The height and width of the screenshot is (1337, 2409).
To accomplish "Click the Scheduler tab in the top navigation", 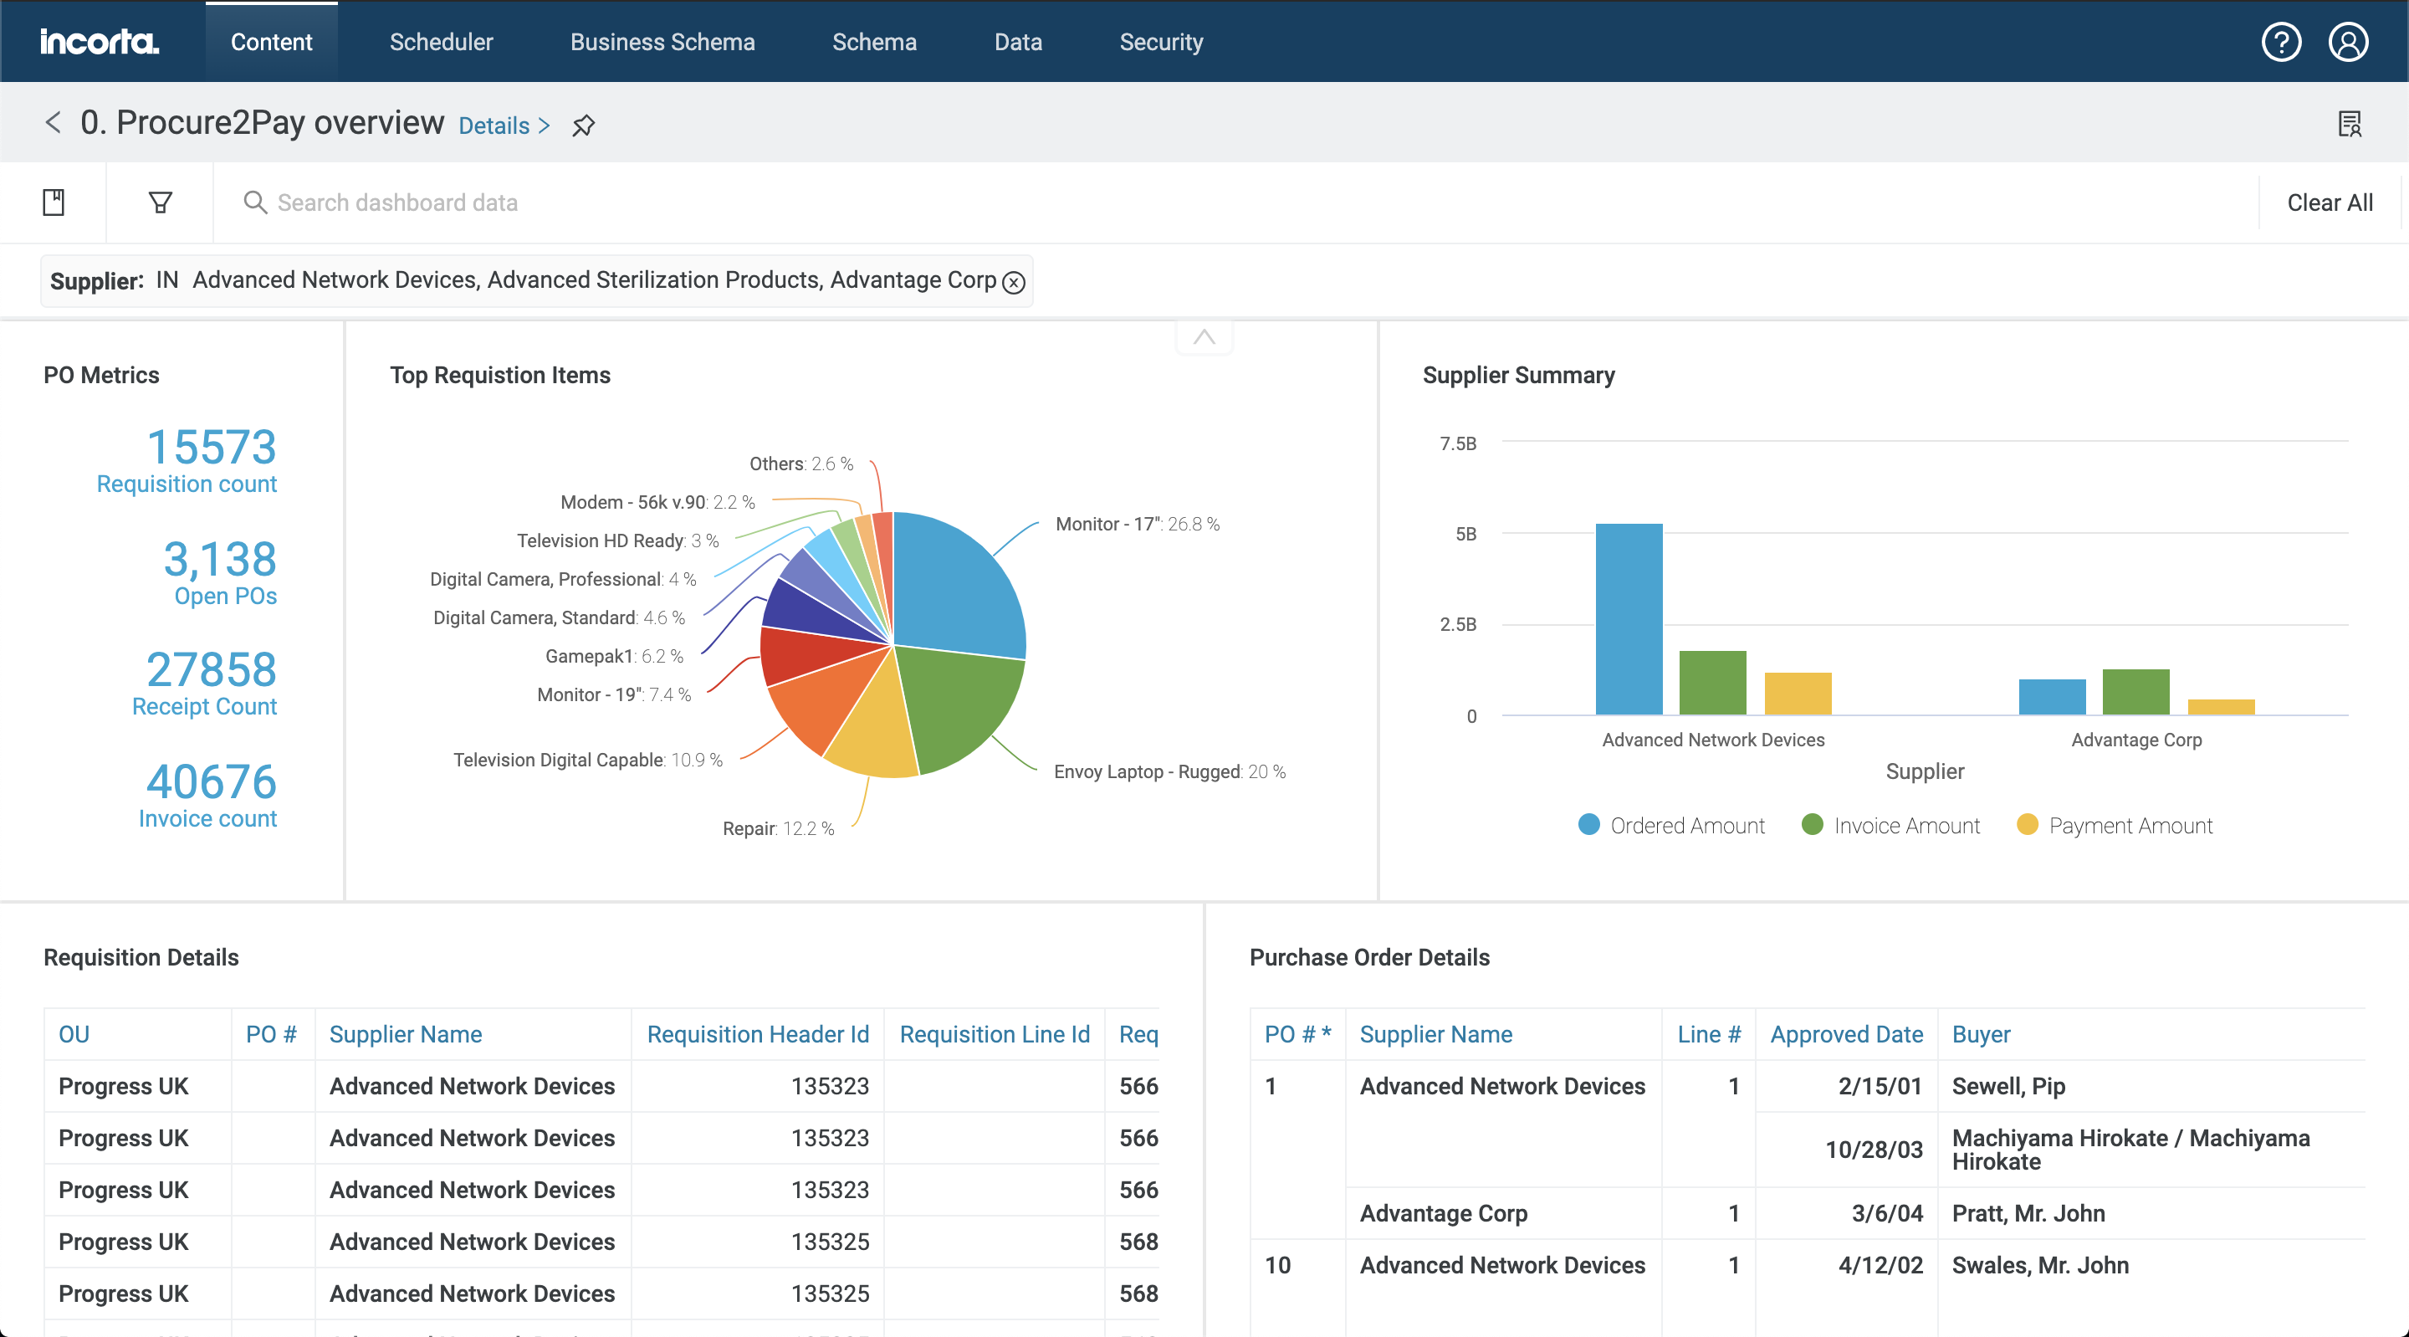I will point(441,42).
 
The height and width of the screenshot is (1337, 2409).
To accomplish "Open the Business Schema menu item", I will point(662,42).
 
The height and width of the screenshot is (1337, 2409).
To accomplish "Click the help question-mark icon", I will point(2280,42).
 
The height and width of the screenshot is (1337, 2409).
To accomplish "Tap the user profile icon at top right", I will point(2347,42).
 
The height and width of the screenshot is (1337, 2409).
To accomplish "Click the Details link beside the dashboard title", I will point(503,126).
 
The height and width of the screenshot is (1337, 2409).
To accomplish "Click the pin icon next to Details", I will point(584,126).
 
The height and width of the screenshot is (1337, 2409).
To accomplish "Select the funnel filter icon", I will point(160,202).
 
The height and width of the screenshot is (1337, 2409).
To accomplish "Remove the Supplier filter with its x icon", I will point(1014,283).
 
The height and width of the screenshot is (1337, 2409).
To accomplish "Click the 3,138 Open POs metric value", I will point(220,560).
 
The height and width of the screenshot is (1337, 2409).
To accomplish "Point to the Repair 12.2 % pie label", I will point(777,829).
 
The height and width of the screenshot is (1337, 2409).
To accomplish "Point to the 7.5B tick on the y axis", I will point(1458,443).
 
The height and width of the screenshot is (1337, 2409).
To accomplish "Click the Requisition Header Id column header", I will point(758,1034).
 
